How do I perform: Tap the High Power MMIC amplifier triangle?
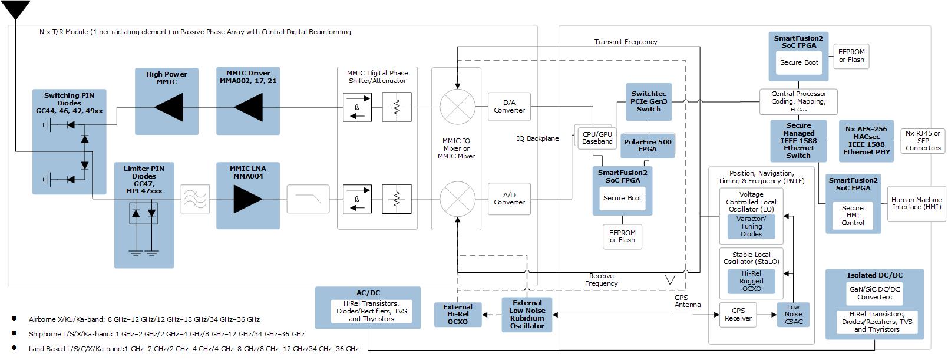[x=167, y=108]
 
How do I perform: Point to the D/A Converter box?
[x=509, y=107]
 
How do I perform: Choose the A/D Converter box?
[x=509, y=199]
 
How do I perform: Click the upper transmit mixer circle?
[x=457, y=107]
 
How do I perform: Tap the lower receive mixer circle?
[x=457, y=199]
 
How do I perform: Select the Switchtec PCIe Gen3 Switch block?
[x=649, y=101]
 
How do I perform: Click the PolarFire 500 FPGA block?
[x=648, y=146]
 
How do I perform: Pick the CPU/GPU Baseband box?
[x=597, y=138]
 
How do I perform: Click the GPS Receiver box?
[x=738, y=314]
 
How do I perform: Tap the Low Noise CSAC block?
[x=793, y=314]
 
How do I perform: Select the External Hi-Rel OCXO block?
[x=457, y=314]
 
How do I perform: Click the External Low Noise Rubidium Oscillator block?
[x=527, y=314]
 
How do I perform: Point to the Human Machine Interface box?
[x=916, y=203]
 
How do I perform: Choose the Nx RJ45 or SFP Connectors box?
[x=923, y=141]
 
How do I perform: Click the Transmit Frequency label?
[x=625, y=42]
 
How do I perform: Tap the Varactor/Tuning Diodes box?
[x=751, y=226]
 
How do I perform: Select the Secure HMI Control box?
[x=853, y=216]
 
